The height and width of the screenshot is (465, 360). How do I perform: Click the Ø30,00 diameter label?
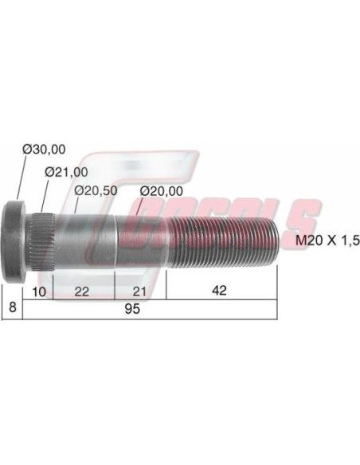click(x=44, y=150)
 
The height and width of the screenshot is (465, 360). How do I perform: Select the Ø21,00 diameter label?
click(x=66, y=172)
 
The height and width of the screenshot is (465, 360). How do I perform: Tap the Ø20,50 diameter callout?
click(x=96, y=191)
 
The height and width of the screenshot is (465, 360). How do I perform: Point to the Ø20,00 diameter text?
click(x=162, y=191)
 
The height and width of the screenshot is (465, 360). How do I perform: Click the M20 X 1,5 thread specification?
click(x=327, y=240)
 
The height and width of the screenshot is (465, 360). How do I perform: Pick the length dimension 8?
click(x=13, y=307)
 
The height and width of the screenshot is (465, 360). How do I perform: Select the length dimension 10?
click(x=39, y=291)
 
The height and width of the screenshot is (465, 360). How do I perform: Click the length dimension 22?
click(x=82, y=291)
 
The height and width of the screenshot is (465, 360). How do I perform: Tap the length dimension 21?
click(x=139, y=291)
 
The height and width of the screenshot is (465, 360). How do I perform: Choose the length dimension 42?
click(x=220, y=291)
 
